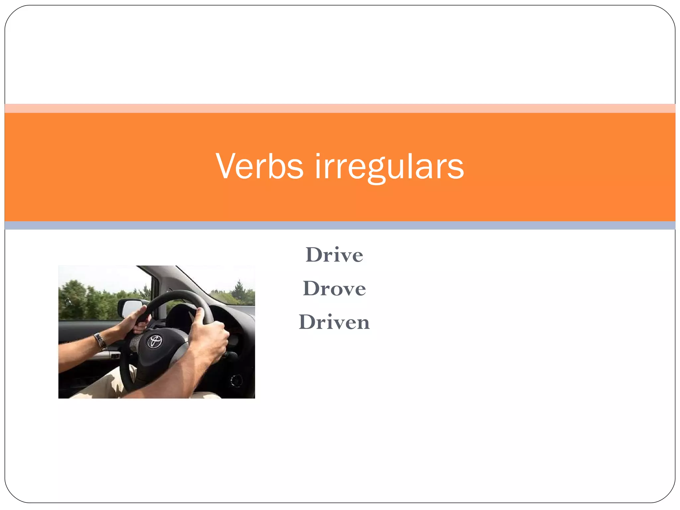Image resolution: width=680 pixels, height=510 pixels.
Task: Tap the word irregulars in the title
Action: pyautogui.click(x=389, y=167)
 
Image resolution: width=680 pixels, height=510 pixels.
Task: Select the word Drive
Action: pyautogui.click(x=334, y=255)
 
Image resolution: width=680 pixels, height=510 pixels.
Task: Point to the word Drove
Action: pyautogui.click(x=334, y=289)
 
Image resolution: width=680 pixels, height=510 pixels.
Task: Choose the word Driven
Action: pyautogui.click(x=334, y=322)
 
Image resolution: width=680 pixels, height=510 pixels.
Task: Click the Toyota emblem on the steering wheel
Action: pyautogui.click(x=154, y=341)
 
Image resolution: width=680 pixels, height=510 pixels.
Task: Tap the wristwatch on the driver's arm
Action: pyautogui.click(x=100, y=341)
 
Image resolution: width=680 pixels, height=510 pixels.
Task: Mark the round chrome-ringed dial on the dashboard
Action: pyautogui.click(x=236, y=381)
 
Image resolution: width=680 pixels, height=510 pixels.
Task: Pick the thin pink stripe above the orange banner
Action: pyautogui.click(x=340, y=108)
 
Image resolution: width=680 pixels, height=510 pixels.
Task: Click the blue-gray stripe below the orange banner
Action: pyautogui.click(x=340, y=225)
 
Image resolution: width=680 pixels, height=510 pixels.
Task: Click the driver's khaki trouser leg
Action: pyautogui.click(x=106, y=385)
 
